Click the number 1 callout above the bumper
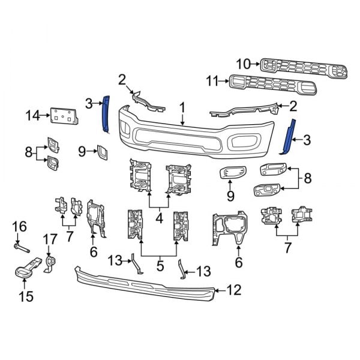pos(182,108)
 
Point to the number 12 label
pos(233,291)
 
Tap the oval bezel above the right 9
pos(229,173)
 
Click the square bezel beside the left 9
pos(102,153)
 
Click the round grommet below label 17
pos(52,262)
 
